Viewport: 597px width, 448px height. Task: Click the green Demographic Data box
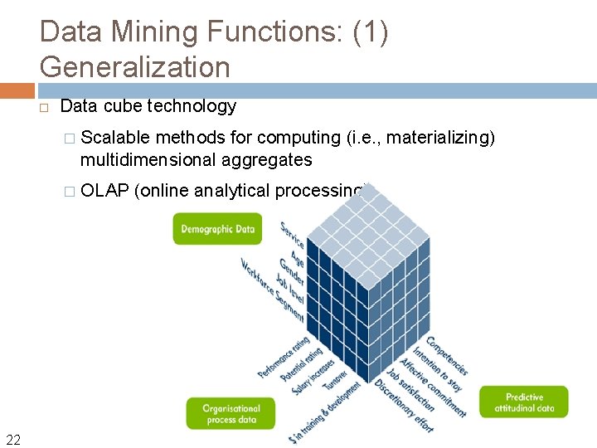217,229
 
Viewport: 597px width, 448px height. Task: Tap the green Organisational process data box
231,413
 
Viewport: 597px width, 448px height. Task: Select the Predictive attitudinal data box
524,402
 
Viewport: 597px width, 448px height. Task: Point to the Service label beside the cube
292,235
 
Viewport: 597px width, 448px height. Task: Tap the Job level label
288,291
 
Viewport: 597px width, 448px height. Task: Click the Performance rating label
283,358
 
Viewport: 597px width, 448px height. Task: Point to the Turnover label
336,380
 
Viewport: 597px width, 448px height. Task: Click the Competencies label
447,355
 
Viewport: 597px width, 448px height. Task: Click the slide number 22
12,440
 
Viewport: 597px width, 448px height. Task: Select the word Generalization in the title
134,66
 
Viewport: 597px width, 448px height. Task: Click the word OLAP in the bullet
104,191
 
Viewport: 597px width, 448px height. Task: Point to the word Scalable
115,137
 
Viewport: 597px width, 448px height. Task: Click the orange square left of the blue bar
17,90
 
